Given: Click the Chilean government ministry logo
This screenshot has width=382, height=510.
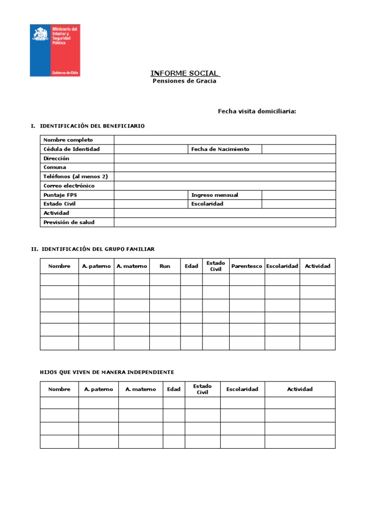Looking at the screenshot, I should (55, 50).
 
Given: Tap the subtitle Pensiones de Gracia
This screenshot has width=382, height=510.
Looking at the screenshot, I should (184, 81).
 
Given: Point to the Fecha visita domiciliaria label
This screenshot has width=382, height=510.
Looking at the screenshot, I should (257, 111).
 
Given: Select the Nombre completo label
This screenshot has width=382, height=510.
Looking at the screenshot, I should (68, 140).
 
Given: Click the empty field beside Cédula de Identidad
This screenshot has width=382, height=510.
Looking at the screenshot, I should (151, 149).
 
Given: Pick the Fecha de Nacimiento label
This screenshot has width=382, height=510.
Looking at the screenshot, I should (220, 149).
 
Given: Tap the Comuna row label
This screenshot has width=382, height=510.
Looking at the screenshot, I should (55, 167).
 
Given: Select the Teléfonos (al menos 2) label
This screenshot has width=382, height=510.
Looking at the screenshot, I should (76, 176).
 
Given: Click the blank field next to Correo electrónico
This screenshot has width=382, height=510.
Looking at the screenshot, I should (224, 186).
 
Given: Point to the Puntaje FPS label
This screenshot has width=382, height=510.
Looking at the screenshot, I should (60, 195).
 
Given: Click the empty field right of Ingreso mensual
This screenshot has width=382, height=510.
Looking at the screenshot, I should (298, 195).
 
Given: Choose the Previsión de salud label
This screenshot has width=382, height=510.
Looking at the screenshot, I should (69, 222).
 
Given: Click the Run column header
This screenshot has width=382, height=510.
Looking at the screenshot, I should (165, 266).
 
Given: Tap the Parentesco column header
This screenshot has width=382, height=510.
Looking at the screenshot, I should (247, 266).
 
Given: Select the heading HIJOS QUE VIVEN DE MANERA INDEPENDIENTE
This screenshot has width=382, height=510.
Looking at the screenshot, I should (107, 372).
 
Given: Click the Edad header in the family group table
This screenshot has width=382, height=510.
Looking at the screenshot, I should (191, 266).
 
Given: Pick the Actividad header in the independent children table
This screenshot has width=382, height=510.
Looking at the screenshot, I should (300, 389).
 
